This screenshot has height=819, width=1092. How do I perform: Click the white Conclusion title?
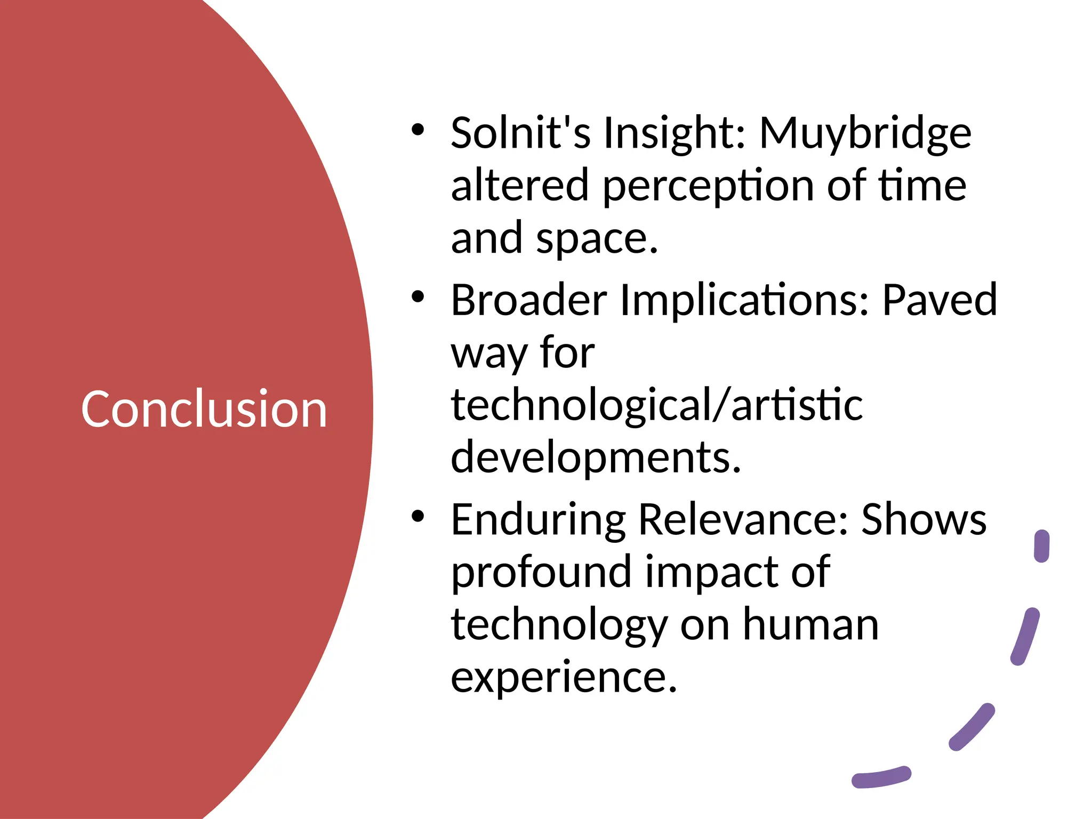coord(204,409)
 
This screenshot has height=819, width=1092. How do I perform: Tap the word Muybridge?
coord(865,133)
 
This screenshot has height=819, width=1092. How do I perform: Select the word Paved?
coord(940,300)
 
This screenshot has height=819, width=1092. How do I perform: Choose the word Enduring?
coord(538,520)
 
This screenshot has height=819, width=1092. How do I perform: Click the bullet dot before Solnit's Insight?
coord(417,130)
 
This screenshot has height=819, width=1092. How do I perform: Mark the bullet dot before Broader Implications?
coord(417,296)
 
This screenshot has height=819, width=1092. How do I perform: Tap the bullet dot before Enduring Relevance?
coord(417,516)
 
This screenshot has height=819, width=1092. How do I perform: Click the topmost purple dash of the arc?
coord(1041,546)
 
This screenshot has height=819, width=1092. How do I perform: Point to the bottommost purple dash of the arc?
coord(881,777)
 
